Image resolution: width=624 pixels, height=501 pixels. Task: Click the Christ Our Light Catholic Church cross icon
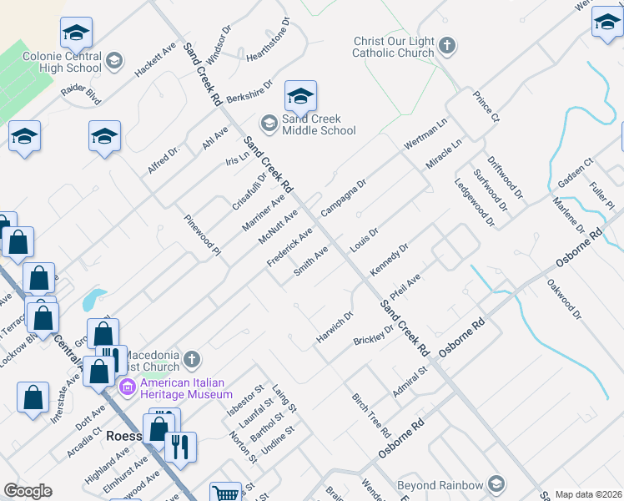[448, 45]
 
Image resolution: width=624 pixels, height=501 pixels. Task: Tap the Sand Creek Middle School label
[319, 124]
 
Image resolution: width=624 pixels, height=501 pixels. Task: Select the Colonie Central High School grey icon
[114, 61]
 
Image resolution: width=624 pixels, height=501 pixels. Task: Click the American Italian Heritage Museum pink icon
[128, 387]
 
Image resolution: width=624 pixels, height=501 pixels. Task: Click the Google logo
[28, 491]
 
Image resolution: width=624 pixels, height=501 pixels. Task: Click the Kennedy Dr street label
[389, 260]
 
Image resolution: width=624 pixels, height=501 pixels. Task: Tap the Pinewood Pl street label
[203, 235]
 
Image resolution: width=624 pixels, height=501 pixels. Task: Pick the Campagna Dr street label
[344, 196]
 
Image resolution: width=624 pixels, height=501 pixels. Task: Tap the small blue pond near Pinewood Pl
[94, 298]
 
